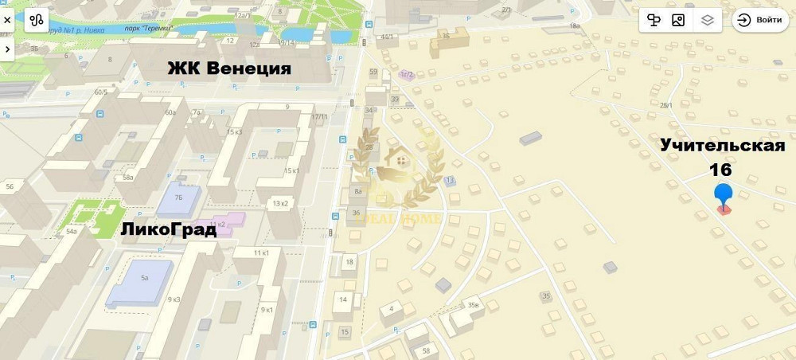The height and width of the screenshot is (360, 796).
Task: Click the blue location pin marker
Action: pyautogui.click(x=723, y=195)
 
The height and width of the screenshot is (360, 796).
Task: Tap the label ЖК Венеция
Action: pyautogui.click(x=228, y=68)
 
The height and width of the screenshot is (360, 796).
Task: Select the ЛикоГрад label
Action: pyautogui.click(x=168, y=230)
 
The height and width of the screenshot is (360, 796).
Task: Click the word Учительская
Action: pyautogui.click(x=722, y=145)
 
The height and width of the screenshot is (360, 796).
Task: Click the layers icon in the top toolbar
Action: pyautogui.click(x=707, y=21)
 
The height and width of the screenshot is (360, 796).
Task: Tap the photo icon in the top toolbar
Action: pyautogui.click(x=678, y=21)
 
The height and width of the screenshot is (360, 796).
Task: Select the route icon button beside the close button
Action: pyautogui.click(x=37, y=21)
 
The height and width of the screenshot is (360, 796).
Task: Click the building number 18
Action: pyautogui.click(x=349, y=262)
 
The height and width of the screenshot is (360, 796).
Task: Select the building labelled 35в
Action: pyautogui.click(x=474, y=305)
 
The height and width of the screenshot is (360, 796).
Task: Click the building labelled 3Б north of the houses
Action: pyautogui.click(x=446, y=36)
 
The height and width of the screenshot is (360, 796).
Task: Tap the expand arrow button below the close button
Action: pyautogui.click(x=7, y=49)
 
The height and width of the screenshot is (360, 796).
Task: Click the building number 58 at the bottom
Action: pyautogui.click(x=426, y=351)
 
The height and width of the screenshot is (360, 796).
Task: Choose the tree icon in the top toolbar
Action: pyautogui.click(x=654, y=21)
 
